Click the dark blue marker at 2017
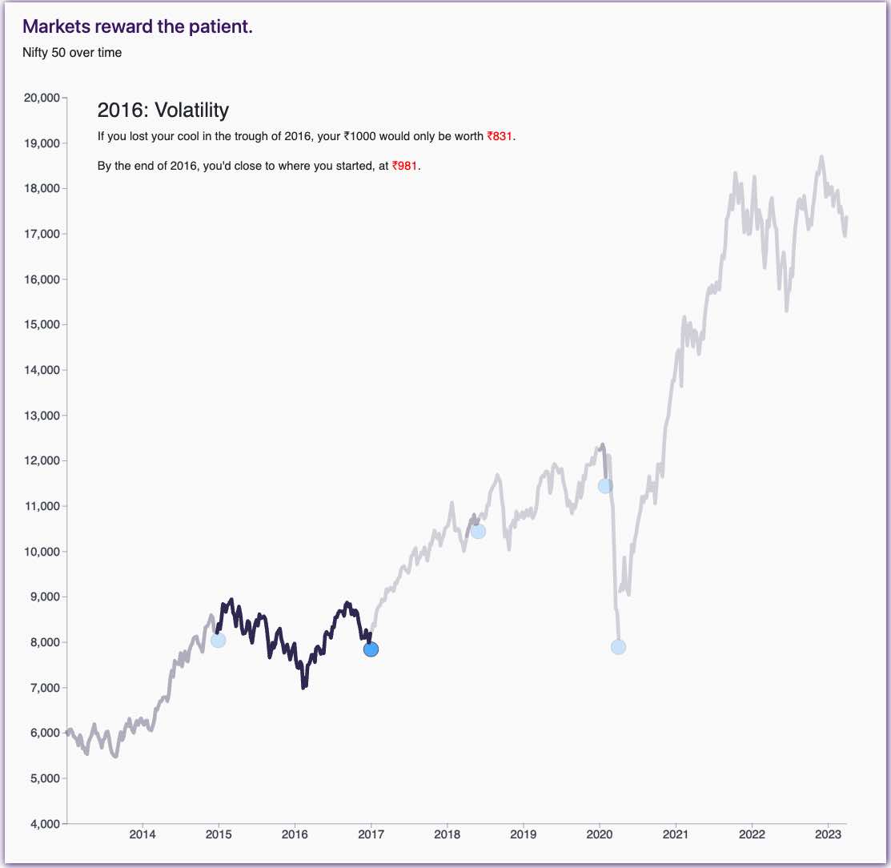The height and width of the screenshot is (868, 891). tap(371, 649)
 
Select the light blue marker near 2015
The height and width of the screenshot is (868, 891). tap(218, 640)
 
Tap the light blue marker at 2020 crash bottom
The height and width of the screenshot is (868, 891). tap(618, 647)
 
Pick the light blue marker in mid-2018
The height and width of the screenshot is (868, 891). tap(478, 531)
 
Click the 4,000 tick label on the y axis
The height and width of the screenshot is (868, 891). tap(42, 824)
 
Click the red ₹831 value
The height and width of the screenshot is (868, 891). tap(500, 137)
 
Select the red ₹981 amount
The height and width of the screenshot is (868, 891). tap(404, 167)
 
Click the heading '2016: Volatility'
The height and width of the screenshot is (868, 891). tap(163, 110)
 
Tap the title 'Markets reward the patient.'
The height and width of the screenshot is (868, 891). tap(137, 26)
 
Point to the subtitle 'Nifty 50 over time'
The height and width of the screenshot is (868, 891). tap(72, 53)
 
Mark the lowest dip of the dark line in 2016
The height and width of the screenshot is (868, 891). tap(303, 687)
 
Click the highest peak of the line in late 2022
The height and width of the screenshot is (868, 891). tap(821, 157)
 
